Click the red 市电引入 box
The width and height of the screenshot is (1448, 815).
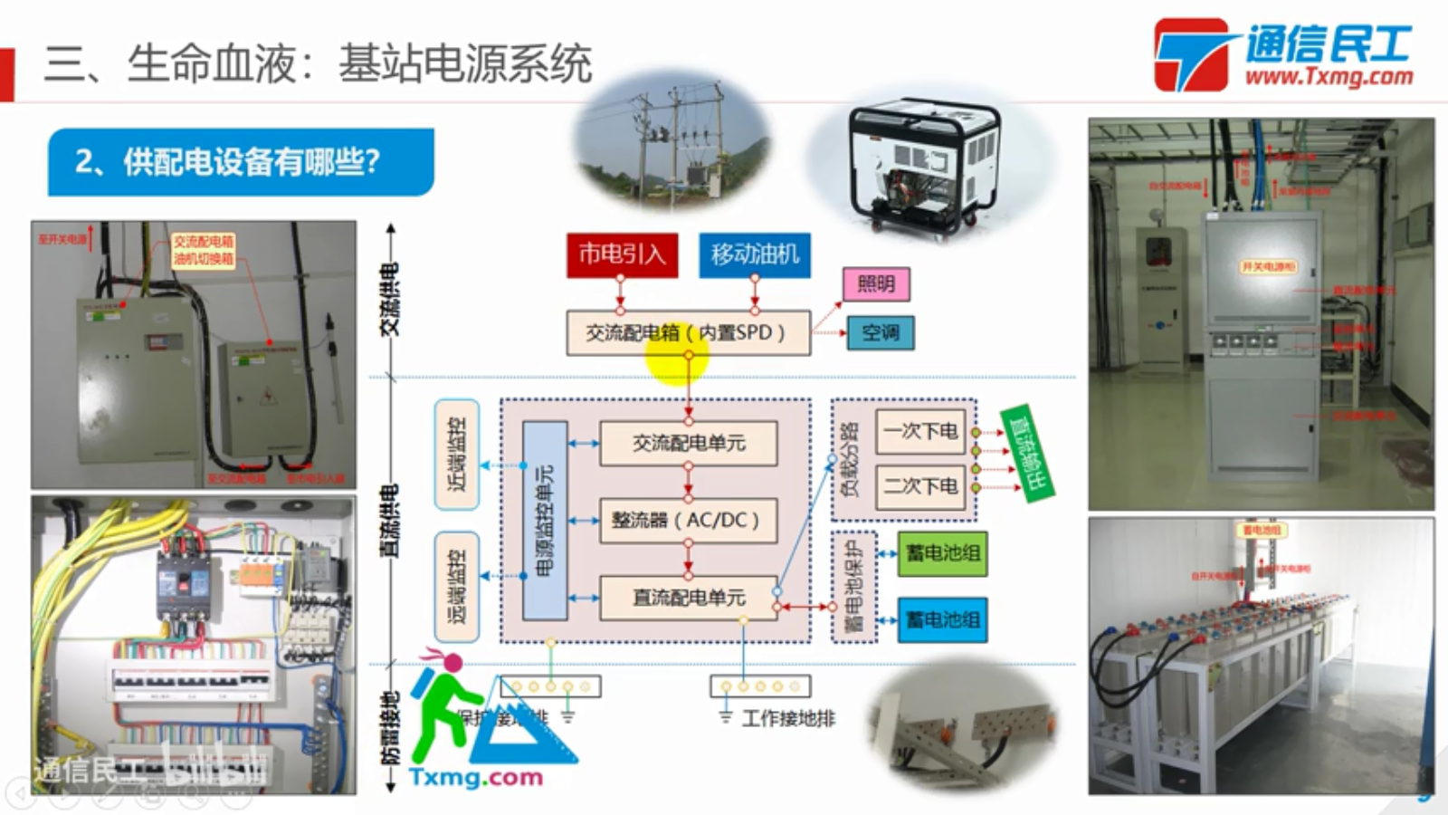click(621, 254)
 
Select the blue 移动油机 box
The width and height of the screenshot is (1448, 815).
click(755, 254)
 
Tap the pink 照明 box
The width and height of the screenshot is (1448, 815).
click(875, 284)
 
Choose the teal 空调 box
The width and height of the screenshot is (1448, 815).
click(880, 332)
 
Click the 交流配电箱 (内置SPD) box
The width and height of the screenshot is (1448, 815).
click(688, 333)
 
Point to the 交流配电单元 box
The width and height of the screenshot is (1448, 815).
click(688, 443)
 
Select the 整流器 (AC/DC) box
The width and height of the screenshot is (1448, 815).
click(688, 520)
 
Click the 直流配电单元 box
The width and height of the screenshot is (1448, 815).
click(688, 598)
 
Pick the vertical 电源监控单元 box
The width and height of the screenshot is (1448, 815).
click(545, 521)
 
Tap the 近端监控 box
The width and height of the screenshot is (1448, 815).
click(457, 454)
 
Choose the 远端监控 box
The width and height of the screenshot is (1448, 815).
click(457, 587)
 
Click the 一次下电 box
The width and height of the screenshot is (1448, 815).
click(920, 431)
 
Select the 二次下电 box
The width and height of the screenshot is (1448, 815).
click(920, 486)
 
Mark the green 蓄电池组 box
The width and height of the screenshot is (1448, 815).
click(942, 553)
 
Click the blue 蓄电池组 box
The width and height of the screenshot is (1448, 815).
click(942, 619)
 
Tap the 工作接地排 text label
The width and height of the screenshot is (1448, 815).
click(788, 719)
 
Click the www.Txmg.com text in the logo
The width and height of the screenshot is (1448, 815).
click(1329, 77)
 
